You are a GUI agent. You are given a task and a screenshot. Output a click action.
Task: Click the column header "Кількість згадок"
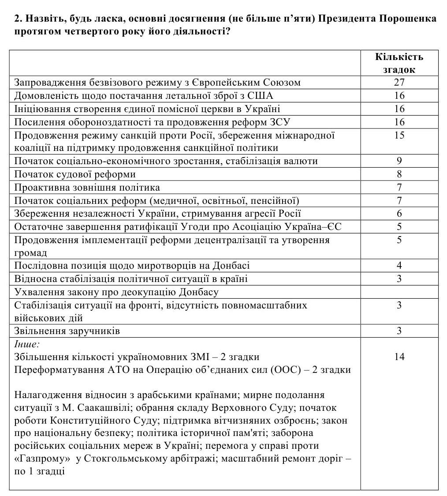pos(399,63)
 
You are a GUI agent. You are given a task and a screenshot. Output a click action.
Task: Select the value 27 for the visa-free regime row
pos(399,83)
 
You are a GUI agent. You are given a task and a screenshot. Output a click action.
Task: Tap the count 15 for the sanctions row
pos(399,135)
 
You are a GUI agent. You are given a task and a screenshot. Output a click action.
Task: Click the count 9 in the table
pos(399,161)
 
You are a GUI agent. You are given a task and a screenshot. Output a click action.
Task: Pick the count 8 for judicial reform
pos(399,174)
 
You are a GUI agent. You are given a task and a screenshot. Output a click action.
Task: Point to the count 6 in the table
pos(399,214)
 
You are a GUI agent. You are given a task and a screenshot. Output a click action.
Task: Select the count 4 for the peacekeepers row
pos(399,266)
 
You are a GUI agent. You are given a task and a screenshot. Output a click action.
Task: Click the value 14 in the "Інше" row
pos(399,357)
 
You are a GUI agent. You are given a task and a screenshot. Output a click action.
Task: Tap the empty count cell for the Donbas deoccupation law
pos(399,292)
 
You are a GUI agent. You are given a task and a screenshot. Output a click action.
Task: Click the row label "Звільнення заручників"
pos(67,331)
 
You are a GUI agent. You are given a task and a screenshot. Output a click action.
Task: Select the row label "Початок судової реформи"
pos(75,174)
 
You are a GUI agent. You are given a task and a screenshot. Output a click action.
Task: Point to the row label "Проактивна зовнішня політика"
pos(87,188)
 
